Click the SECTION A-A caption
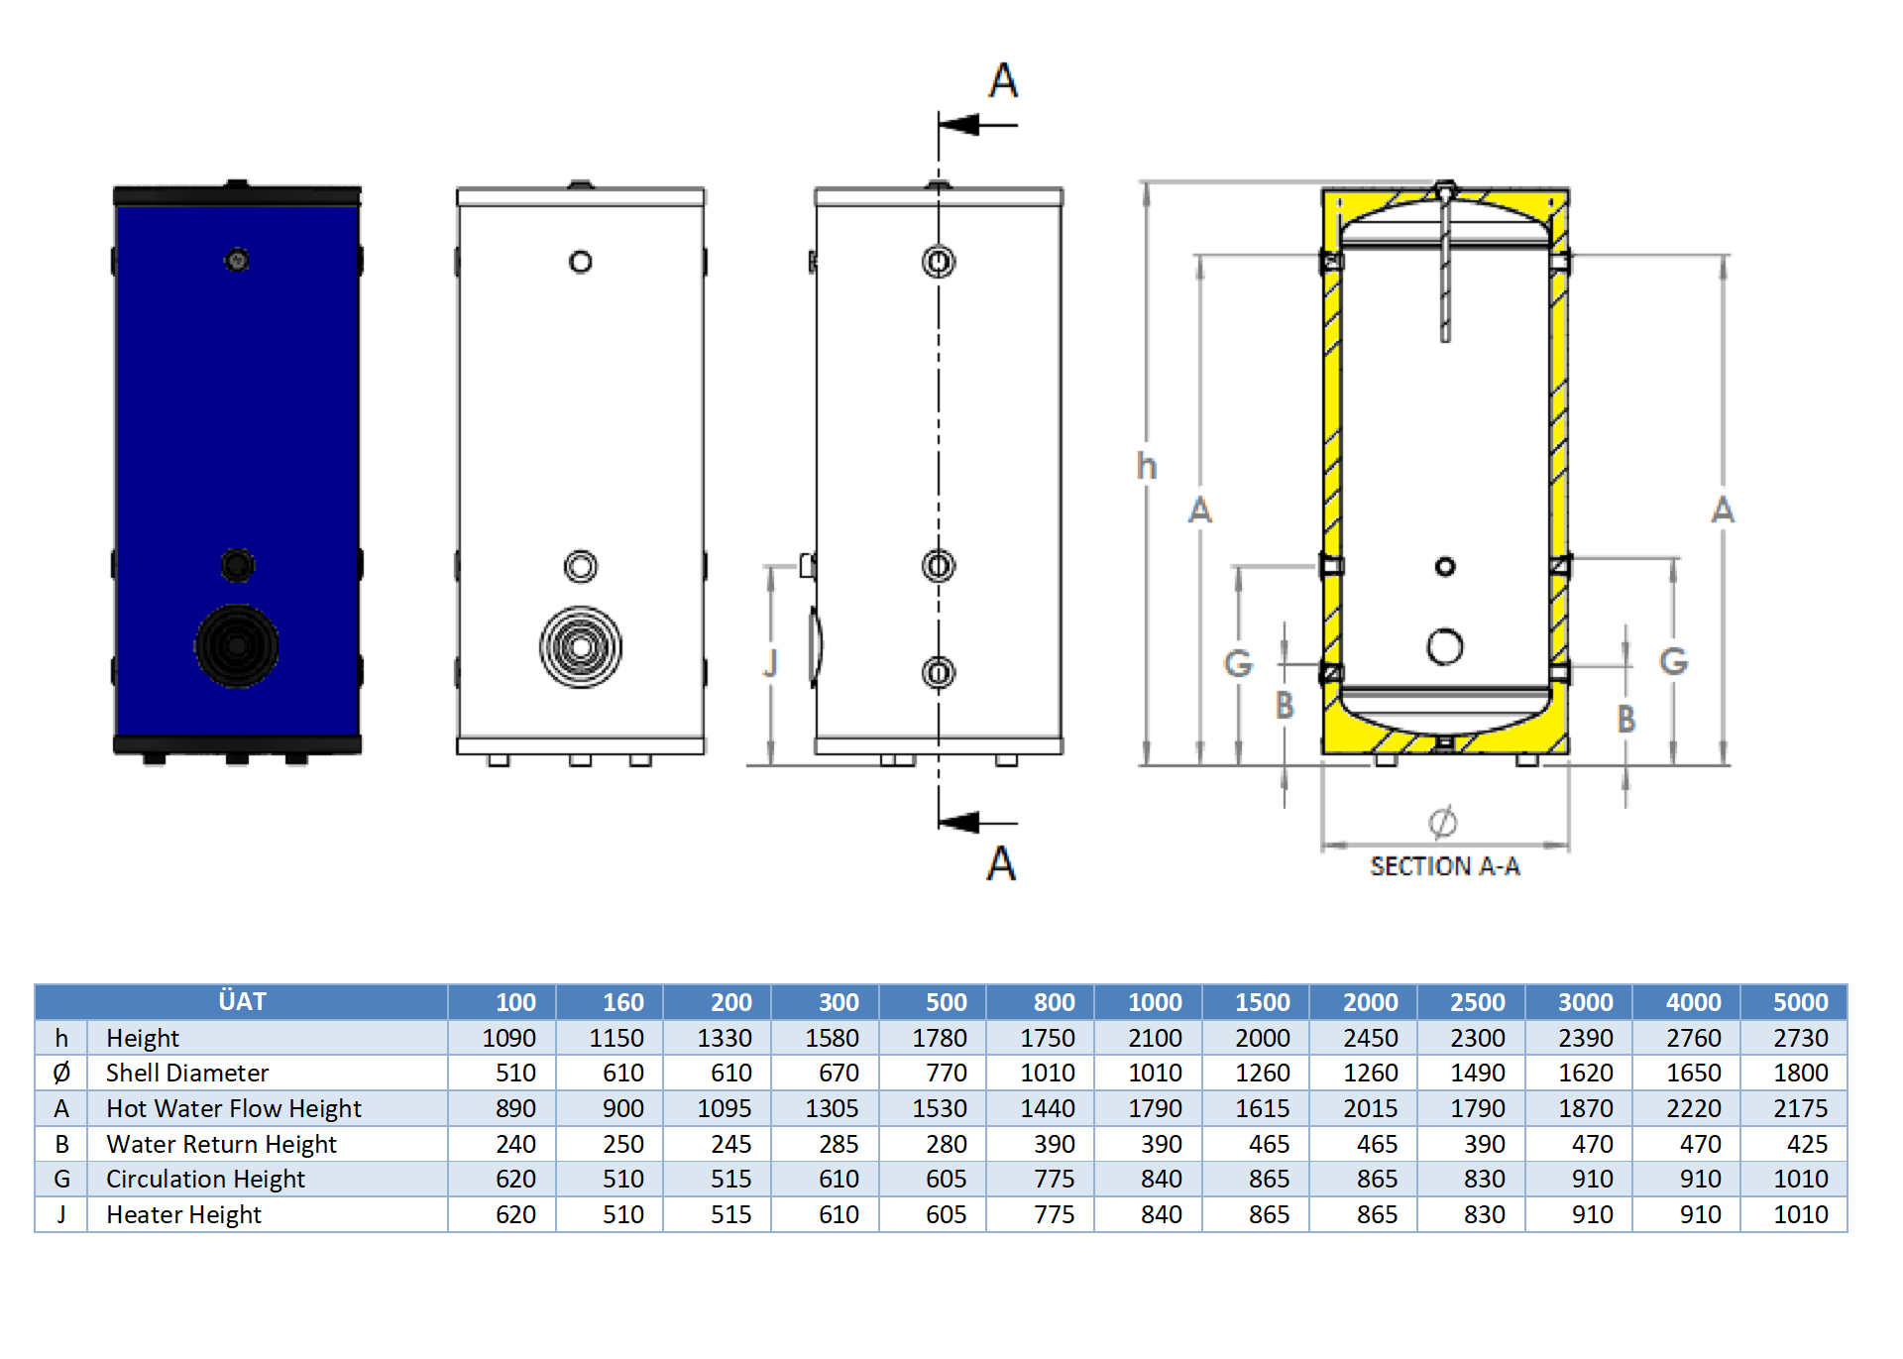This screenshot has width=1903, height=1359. pos(1444,866)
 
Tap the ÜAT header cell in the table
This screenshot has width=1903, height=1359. pos(242,1001)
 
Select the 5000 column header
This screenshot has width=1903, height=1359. pos(1800,1002)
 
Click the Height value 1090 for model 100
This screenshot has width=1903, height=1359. pos(508,1038)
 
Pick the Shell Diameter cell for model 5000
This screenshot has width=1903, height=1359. pos(1800,1073)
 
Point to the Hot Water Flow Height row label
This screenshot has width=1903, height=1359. pos(233,1108)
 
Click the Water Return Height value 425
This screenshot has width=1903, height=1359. pos(1807,1144)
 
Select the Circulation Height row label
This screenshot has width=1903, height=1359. pos(205,1179)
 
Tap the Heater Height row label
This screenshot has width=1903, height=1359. pos(183,1214)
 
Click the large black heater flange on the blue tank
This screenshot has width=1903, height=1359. pos(237,646)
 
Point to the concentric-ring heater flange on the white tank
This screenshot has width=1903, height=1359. pos(581,647)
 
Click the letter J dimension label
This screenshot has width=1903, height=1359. pos(770,663)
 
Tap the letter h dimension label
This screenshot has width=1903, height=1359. pos(1147,466)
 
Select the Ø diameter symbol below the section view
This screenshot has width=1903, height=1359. pos(1442,822)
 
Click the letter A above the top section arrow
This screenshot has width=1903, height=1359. pos(1003,80)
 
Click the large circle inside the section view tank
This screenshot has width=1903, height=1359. pos(1445,646)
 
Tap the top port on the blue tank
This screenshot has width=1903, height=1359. pos(237,261)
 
